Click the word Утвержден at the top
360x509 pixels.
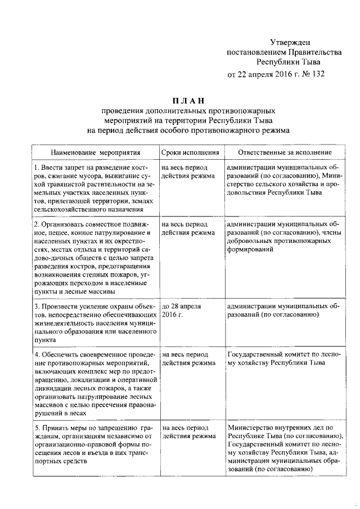pyautogui.click(x=289, y=42)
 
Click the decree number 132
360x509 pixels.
pyautogui.click(x=316, y=74)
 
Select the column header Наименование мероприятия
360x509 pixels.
pyautogui.click(x=95, y=152)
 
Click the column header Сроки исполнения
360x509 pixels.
pyautogui.click(x=190, y=152)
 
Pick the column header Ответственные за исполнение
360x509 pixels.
pyautogui.click(x=284, y=152)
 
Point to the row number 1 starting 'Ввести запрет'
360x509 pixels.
pyautogui.click(x=35, y=168)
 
